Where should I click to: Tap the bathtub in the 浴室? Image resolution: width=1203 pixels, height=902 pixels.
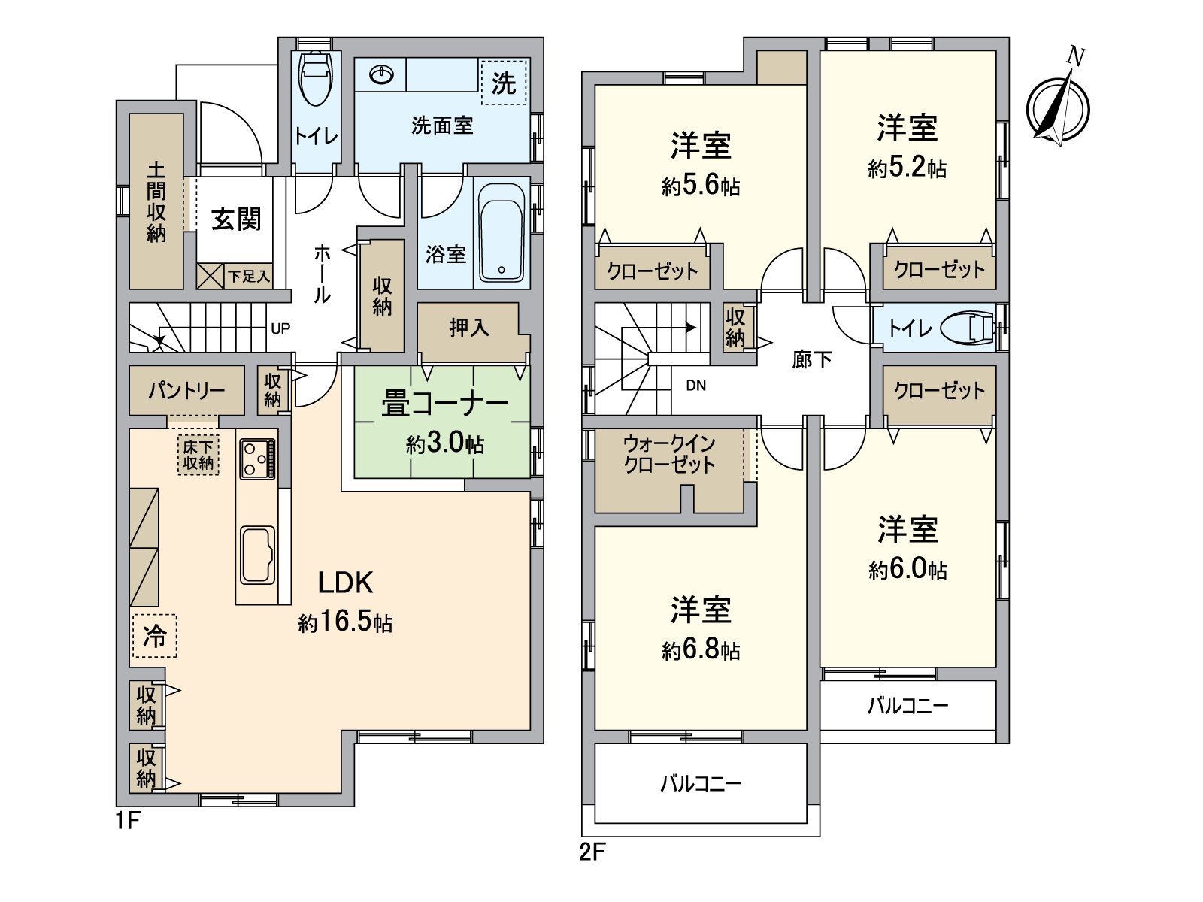(502, 233)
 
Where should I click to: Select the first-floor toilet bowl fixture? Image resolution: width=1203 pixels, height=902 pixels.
(315, 79)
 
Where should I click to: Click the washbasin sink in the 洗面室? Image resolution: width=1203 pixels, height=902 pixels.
(382, 74)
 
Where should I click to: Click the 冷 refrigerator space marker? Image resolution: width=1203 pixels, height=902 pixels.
(155, 636)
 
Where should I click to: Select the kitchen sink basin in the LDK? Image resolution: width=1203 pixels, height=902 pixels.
(256, 555)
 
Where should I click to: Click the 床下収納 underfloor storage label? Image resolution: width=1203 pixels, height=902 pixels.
(198, 455)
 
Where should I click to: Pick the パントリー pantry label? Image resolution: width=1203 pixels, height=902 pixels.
(186, 390)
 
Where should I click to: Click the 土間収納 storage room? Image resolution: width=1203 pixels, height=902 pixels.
(156, 201)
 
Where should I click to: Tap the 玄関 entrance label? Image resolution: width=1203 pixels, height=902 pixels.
(235, 219)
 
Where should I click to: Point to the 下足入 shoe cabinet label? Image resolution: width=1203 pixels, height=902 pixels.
(248, 277)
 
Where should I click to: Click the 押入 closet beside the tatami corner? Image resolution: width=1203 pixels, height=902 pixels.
(469, 328)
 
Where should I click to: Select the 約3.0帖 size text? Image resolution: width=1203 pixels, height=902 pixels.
(444, 443)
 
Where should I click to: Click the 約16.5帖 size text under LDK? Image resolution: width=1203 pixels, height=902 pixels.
(345, 622)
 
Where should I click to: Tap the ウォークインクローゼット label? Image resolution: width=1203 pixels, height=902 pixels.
(669, 454)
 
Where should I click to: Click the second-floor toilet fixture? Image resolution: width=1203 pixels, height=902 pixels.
(970, 328)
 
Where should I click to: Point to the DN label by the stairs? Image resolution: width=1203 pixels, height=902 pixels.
(695, 386)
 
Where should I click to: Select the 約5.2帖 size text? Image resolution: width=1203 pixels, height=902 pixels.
(907, 168)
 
